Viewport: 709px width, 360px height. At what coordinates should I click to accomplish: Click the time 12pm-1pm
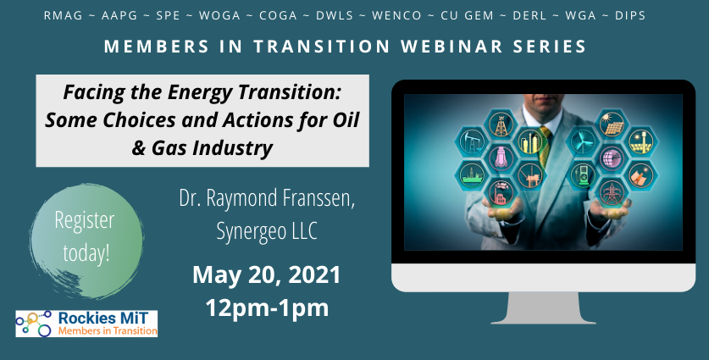click(x=267, y=307)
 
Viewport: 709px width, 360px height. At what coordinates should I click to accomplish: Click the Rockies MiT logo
click(x=86, y=324)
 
